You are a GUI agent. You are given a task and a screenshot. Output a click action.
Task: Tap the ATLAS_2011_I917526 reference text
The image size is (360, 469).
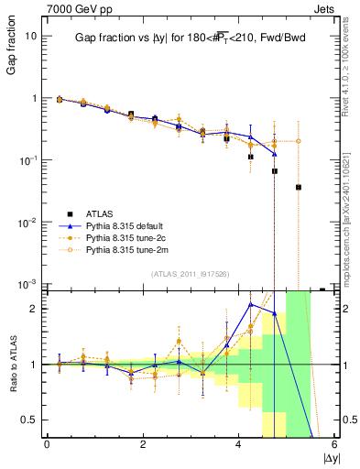[189, 274]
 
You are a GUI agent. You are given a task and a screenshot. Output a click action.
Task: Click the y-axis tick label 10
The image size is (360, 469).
[29, 36]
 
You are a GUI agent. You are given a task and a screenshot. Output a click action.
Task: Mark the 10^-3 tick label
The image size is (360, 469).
[27, 284]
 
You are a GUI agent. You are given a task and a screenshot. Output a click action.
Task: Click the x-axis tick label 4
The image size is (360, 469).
[238, 445]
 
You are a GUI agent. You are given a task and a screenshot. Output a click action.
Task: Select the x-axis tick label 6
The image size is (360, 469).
[334, 445]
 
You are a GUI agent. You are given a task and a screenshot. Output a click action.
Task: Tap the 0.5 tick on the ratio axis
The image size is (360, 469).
[29, 420]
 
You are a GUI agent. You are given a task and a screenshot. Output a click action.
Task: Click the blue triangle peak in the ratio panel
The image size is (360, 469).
[250, 304]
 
